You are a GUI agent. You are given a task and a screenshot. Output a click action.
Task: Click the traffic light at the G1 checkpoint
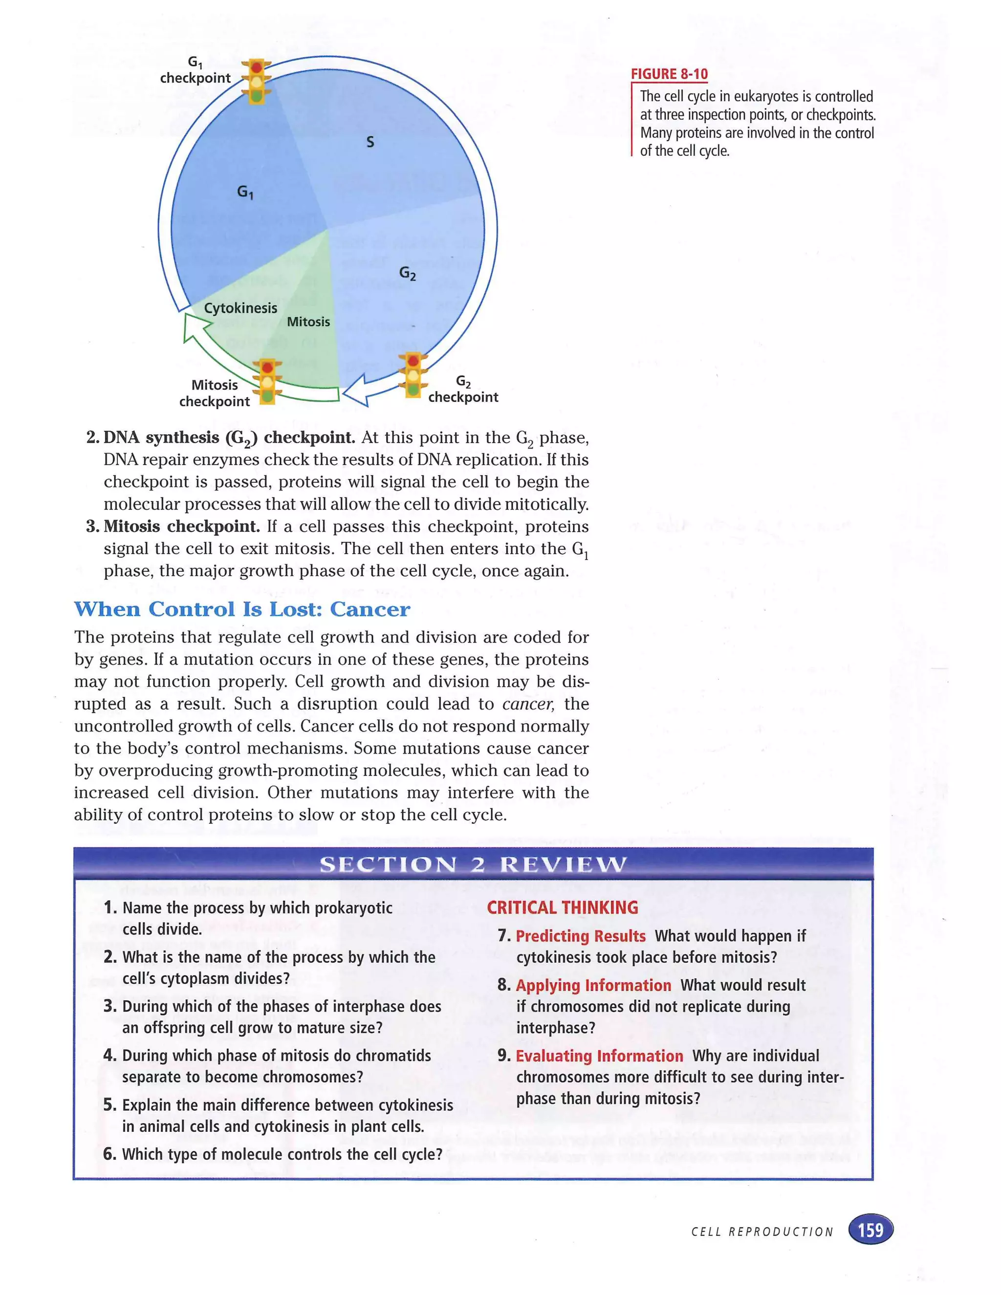pyautogui.click(x=256, y=82)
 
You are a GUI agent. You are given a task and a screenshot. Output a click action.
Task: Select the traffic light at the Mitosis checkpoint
pyautogui.click(x=267, y=382)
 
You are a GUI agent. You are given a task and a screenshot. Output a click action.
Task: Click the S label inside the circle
pyautogui.click(x=370, y=142)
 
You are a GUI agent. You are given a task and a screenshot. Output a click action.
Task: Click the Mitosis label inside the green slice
pyautogui.click(x=308, y=322)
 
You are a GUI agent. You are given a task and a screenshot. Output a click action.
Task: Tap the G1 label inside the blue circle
pyautogui.click(x=245, y=192)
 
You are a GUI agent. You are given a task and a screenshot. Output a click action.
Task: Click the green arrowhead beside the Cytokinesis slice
pyautogui.click(x=195, y=327)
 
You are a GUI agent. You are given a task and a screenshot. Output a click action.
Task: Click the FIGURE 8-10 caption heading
pyautogui.click(x=669, y=74)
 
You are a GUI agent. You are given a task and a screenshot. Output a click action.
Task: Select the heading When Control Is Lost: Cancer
pyautogui.click(x=242, y=609)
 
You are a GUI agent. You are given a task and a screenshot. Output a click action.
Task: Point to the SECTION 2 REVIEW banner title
pyautogui.click(x=473, y=864)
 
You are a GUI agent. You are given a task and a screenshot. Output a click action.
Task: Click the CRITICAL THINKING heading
pyautogui.click(x=562, y=908)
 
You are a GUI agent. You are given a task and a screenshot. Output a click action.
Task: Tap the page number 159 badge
pyautogui.click(x=870, y=1230)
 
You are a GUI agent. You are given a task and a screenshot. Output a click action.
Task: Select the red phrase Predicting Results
pyautogui.click(x=580, y=936)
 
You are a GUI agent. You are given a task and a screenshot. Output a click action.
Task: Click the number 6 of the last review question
pyautogui.click(x=109, y=1154)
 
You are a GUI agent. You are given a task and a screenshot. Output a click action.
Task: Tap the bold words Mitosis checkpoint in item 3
pyautogui.click(x=181, y=526)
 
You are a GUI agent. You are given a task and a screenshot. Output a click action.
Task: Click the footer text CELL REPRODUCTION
pyautogui.click(x=762, y=1232)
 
